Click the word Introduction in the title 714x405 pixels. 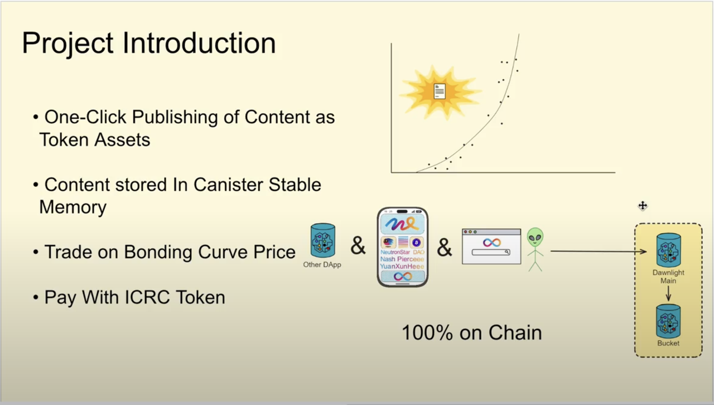click(199, 43)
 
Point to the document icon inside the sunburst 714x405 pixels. click(440, 91)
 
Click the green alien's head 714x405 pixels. click(535, 237)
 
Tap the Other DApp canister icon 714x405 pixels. click(323, 240)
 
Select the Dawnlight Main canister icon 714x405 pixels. click(668, 250)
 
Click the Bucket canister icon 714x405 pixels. click(668, 321)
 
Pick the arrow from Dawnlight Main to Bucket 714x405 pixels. click(668, 293)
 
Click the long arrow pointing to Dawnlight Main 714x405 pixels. click(599, 252)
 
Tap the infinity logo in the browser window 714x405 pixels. click(491, 242)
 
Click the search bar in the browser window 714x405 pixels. click(491, 252)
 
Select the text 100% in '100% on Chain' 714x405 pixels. click(427, 333)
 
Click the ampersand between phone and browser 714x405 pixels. click(445, 248)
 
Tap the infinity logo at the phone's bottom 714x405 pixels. click(403, 276)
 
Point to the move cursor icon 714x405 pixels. click(643, 206)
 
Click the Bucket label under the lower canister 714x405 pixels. click(668, 344)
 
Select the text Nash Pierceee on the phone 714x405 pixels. click(402, 259)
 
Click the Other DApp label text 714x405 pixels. click(322, 264)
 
